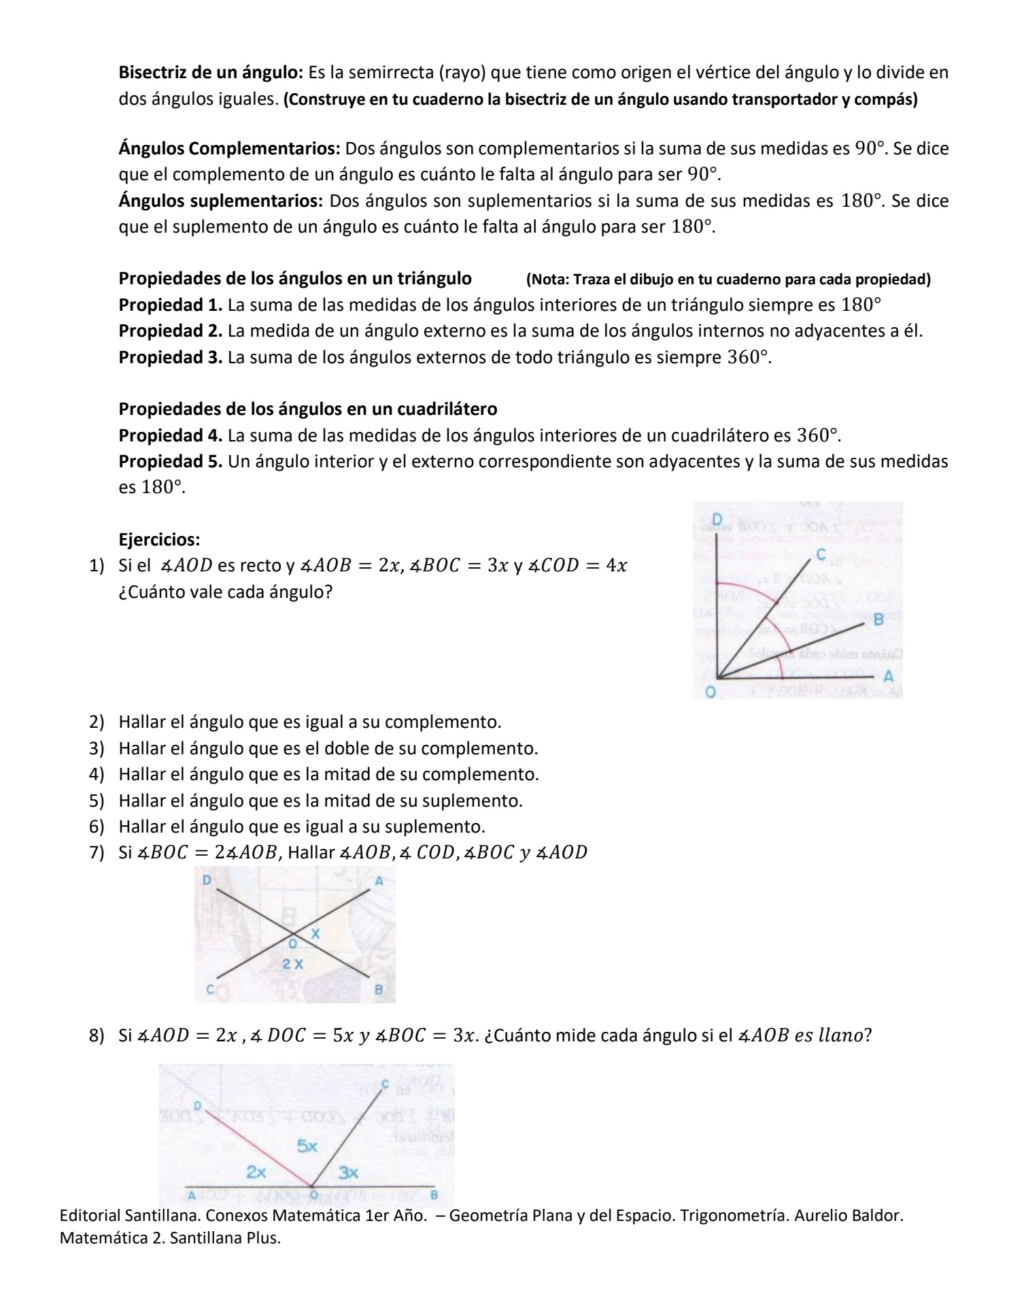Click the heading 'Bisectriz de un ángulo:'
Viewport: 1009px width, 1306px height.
211,72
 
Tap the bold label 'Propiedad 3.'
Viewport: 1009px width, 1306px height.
171,357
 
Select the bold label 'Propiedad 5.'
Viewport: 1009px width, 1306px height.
171,462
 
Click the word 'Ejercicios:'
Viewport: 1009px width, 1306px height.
159,540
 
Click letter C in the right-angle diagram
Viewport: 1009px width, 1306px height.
821,554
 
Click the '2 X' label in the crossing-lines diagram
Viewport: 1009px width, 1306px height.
293,964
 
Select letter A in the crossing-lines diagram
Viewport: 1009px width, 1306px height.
379,881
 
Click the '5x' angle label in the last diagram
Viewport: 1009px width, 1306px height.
307,1146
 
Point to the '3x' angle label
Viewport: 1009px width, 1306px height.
348,1173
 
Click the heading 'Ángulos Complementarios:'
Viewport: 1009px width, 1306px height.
230,148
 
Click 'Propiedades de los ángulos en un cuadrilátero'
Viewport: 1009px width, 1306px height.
307,409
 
